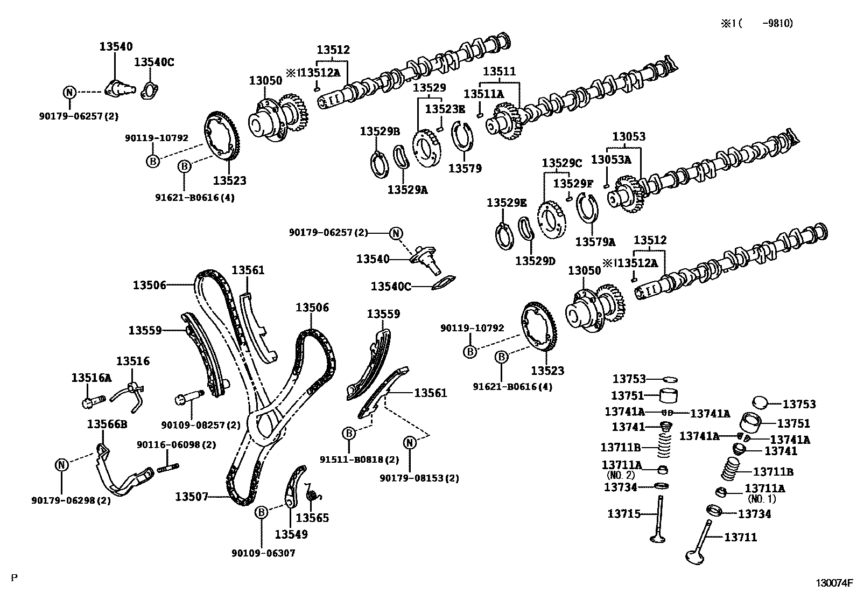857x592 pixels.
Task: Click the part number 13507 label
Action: point(191,496)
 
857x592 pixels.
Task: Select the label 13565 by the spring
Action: point(312,518)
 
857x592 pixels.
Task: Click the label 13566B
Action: point(107,424)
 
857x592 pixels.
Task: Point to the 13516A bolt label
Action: point(91,378)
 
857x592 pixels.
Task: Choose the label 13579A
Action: point(595,241)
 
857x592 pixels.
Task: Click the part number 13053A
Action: point(611,159)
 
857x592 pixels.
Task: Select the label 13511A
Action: point(483,94)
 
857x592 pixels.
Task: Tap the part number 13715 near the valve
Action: point(624,513)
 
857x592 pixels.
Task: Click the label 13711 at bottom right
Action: point(740,537)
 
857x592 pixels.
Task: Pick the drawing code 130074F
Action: point(834,582)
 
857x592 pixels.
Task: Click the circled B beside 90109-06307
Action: point(261,512)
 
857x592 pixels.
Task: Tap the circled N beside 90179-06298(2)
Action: point(62,464)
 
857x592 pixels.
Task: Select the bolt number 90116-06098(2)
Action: point(168,444)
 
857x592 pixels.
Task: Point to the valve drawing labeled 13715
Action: point(658,517)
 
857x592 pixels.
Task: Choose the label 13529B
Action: point(380,131)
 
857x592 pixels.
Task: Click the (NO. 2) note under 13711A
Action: point(621,475)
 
